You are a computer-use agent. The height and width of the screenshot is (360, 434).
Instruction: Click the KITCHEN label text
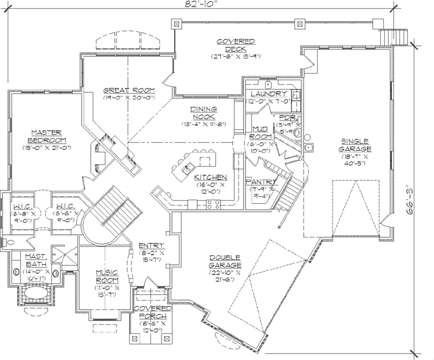pos(210,178)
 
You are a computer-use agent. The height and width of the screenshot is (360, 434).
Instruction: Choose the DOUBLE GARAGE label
pos(226,261)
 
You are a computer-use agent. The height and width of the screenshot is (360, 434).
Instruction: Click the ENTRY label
pos(148,245)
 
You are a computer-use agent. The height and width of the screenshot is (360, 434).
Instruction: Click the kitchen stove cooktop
pos(212,205)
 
